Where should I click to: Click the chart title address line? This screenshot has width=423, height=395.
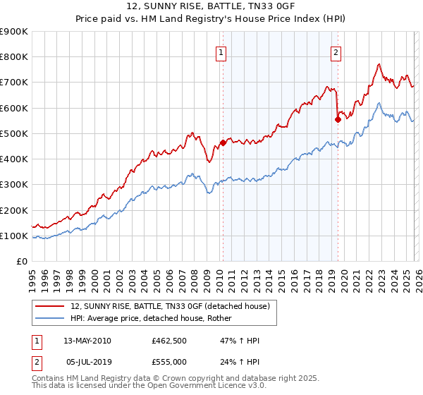(x=211, y=6)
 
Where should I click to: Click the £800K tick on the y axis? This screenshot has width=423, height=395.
(x=14, y=57)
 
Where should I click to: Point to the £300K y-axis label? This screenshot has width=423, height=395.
(x=14, y=185)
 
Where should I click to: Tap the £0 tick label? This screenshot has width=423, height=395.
(x=22, y=262)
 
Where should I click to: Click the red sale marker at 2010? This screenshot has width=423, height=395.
(x=223, y=143)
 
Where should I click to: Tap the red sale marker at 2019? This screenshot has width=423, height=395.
(x=338, y=119)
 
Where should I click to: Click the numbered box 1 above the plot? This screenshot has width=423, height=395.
(x=221, y=52)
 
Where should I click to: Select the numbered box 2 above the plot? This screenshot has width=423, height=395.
(x=336, y=52)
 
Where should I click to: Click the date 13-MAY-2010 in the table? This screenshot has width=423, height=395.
(x=87, y=341)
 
